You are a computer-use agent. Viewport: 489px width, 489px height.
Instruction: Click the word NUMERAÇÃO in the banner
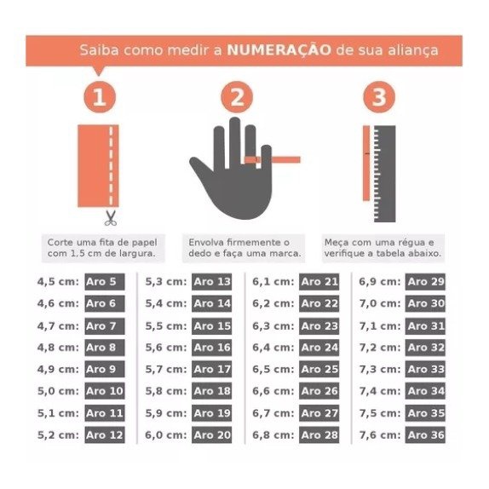(x=279, y=50)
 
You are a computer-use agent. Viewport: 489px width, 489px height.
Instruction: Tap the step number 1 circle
(x=100, y=97)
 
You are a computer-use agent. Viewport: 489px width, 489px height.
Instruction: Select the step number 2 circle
(x=237, y=97)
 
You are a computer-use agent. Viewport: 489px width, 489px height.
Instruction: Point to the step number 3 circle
(x=379, y=97)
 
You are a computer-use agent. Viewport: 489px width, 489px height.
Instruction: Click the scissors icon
(x=111, y=218)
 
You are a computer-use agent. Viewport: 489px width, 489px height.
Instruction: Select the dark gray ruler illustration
(x=384, y=174)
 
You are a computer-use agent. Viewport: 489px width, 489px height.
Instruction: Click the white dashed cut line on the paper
(x=111, y=165)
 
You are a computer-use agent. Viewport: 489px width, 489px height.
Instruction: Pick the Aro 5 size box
(x=105, y=282)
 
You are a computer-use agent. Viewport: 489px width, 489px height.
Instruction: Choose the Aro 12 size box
(x=105, y=435)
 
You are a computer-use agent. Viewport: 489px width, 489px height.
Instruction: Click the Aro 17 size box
(x=212, y=369)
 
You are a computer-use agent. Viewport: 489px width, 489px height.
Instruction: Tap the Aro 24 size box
(x=319, y=348)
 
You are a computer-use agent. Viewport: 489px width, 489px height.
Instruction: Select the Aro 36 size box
(x=425, y=435)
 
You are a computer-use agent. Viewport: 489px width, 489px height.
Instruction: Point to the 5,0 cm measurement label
(x=58, y=391)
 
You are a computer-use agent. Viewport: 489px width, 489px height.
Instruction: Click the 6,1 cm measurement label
(x=273, y=282)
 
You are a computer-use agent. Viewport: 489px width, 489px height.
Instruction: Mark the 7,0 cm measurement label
(x=380, y=303)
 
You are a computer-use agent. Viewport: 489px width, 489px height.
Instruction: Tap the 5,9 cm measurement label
(x=166, y=413)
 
